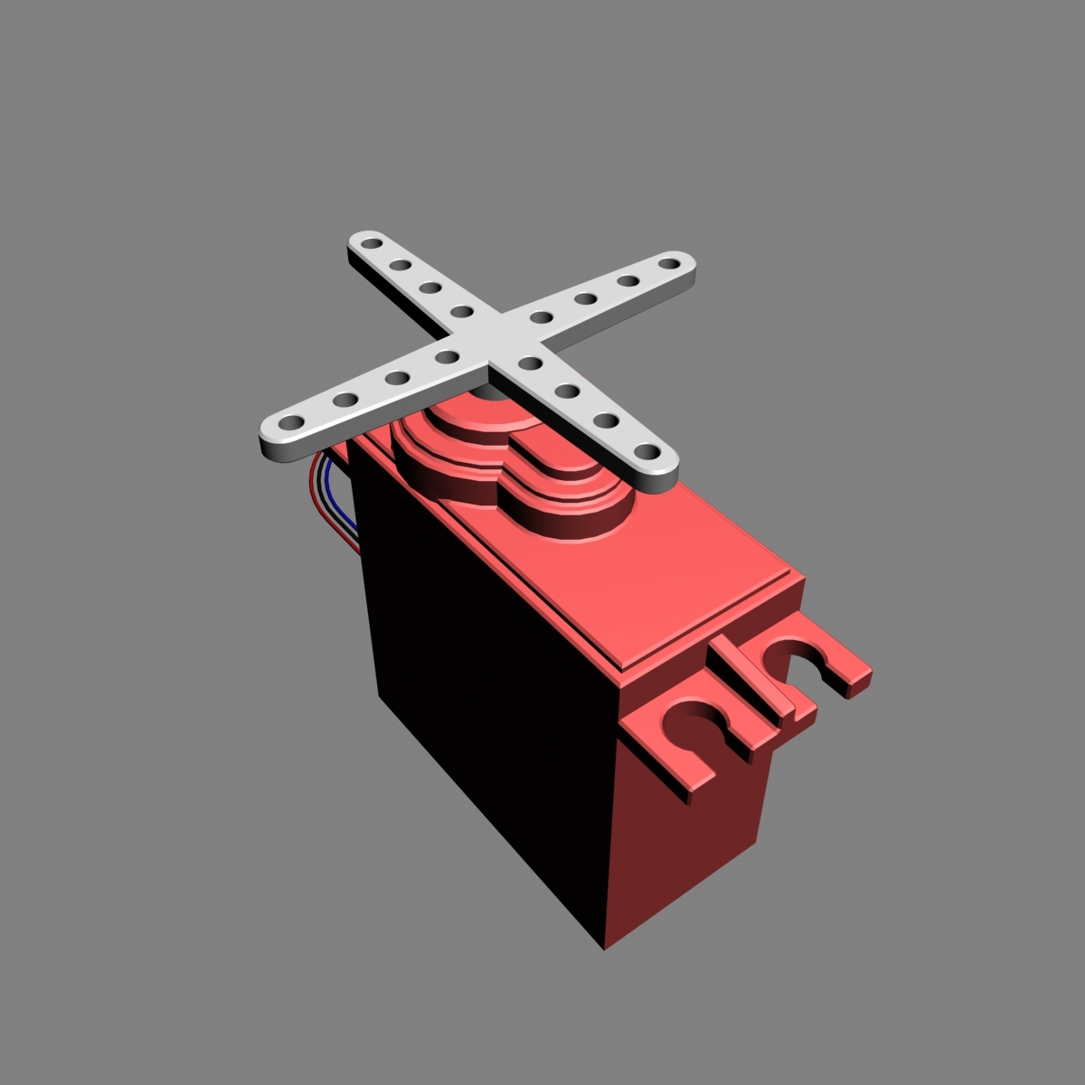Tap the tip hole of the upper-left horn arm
point(366,243)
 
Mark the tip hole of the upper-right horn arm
point(667,263)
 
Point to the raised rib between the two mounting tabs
point(758,680)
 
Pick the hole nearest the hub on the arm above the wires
point(446,357)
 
